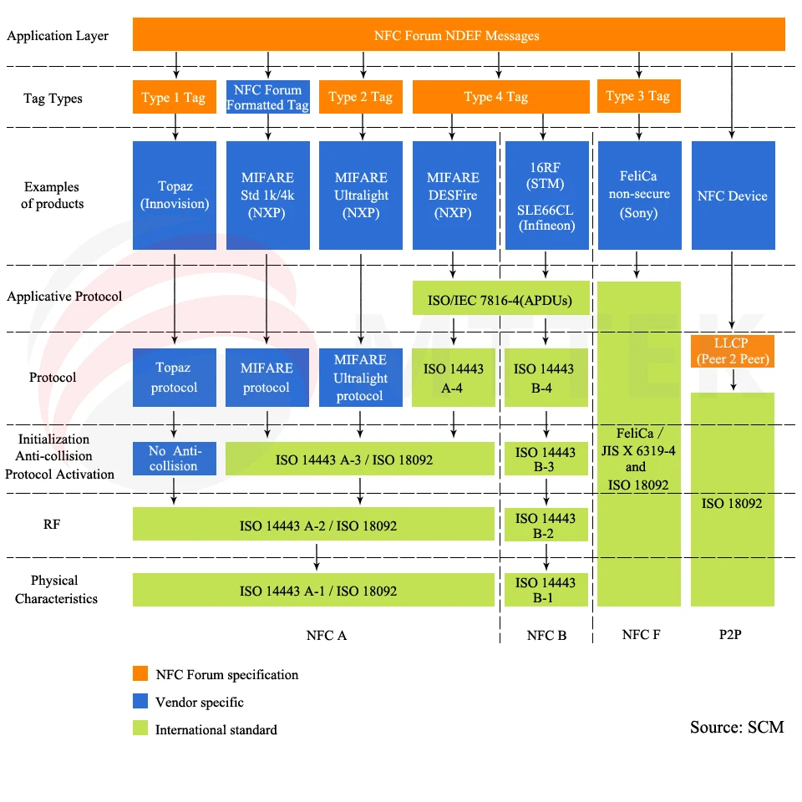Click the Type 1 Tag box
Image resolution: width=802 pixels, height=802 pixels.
pyautogui.click(x=174, y=98)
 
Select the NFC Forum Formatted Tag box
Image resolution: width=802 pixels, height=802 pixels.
pyautogui.click(x=267, y=97)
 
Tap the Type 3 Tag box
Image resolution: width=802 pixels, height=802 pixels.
pyautogui.click(x=638, y=96)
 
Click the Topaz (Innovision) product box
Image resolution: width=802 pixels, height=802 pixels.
pyautogui.click(x=174, y=195)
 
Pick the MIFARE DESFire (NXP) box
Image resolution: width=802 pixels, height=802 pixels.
pyautogui.click(x=453, y=195)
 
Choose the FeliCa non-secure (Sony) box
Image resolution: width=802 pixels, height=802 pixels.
pyautogui.click(x=638, y=195)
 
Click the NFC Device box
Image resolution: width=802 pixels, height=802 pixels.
pyautogui.click(x=733, y=195)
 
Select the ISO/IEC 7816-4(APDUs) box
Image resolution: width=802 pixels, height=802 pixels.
pyautogui.click(x=500, y=298)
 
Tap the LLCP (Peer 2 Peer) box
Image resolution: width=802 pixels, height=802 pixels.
pyautogui.click(x=733, y=352)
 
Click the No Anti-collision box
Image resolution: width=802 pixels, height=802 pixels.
pyautogui.click(x=174, y=458)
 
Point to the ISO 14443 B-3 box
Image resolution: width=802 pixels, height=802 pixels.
pyautogui.click(x=546, y=459)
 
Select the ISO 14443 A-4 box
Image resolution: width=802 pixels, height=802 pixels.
pyautogui.click(x=453, y=377)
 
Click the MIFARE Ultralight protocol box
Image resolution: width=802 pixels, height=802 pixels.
pyautogui.click(x=360, y=377)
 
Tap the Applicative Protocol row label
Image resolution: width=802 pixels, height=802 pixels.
pyautogui.click(x=64, y=297)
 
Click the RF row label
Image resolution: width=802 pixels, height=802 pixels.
pyautogui.click(x=52, y=525)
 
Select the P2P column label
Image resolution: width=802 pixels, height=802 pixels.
pyautogui.click(x=730, y=635)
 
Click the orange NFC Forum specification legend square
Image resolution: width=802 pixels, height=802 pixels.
pyautogui.click(x=141, y=674)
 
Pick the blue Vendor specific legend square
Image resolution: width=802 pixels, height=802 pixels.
pyautogui.click(x=141, y=702)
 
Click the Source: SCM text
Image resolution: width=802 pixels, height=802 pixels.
pyautogui.click(x=736, y=727)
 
